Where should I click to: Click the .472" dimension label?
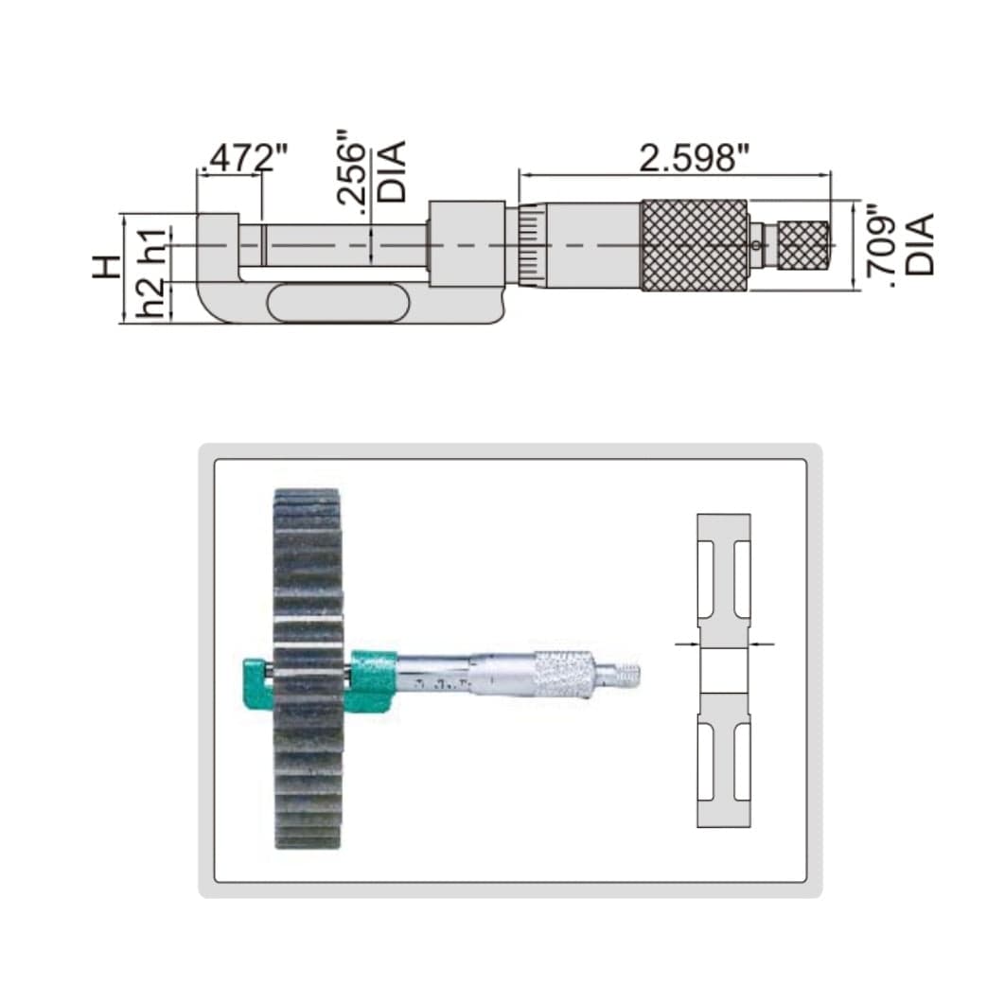pos(239,157)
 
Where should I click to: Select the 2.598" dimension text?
pos(687,157)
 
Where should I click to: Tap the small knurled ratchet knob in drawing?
pos(804,244)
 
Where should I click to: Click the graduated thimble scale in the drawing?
pos(527,245)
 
